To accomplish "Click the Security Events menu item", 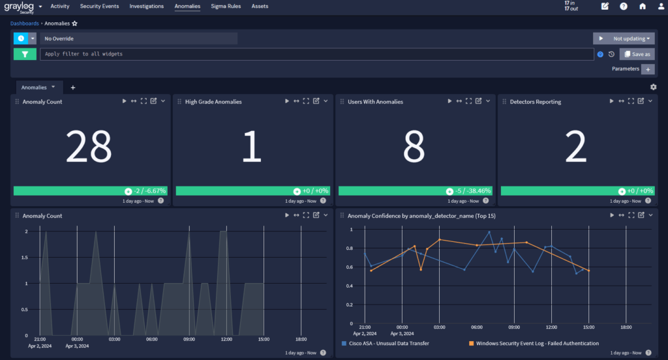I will [x=99, y=6].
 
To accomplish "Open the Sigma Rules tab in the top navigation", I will [x=226, y=6].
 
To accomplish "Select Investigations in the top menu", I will [x=147, y=6].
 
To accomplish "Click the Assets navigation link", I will [x=260, y=6].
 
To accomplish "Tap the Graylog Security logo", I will [x=20, y=7].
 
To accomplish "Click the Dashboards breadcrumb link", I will [x=25, y=23].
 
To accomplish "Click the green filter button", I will [x=25, y=54].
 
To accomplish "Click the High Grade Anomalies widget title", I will [x=213, y=102].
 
